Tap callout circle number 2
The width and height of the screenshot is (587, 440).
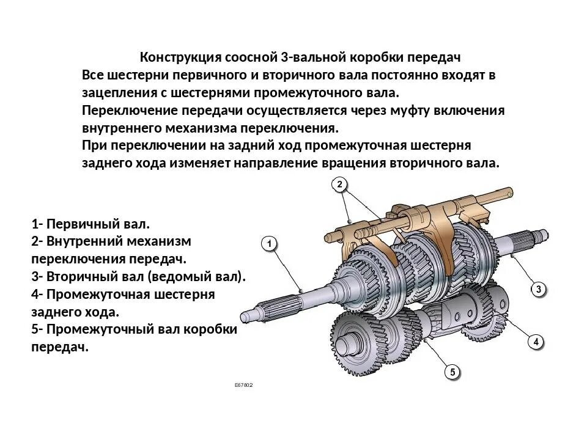(340, 184)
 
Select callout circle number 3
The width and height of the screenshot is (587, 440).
(538, 289)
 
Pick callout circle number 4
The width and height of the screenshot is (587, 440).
(536, 342)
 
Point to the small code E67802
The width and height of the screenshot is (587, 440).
(243, 386)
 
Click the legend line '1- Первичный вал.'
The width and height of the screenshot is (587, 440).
(90, 224)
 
